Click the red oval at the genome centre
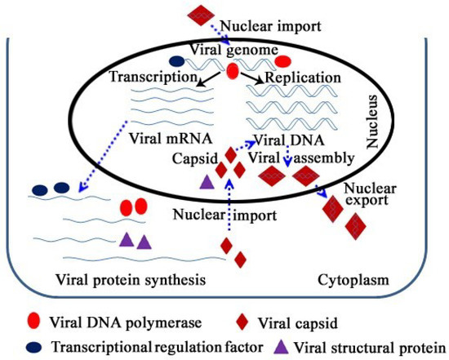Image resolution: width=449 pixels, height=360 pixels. tap(232, 73)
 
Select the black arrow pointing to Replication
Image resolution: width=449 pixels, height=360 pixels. tap(251, 78)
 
